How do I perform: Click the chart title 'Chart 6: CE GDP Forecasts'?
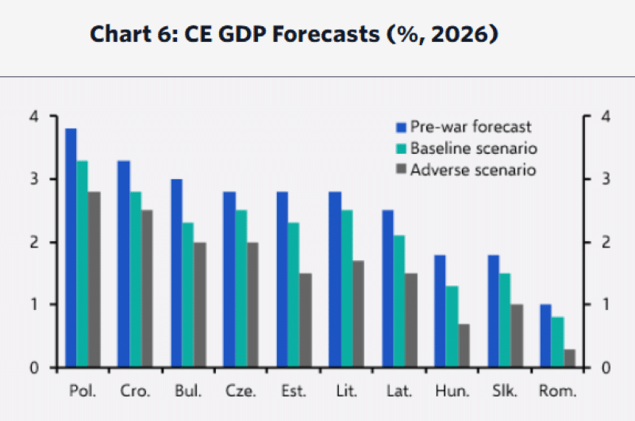click(293, 36)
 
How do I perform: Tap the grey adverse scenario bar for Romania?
click(569, 358)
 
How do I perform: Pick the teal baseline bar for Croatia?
click(135, 279)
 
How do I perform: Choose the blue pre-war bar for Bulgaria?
click(176, 273)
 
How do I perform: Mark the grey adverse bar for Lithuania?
click(358, 314)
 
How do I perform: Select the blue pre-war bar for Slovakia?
click(493, 311)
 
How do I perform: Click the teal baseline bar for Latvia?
click(399, 301)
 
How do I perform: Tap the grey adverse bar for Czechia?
click(252, 304)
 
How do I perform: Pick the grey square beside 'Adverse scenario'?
click(402, 170)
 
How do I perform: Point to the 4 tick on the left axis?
click(33, 117)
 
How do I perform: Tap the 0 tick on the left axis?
click(33, 368)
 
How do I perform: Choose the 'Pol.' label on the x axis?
click(82, 392)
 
